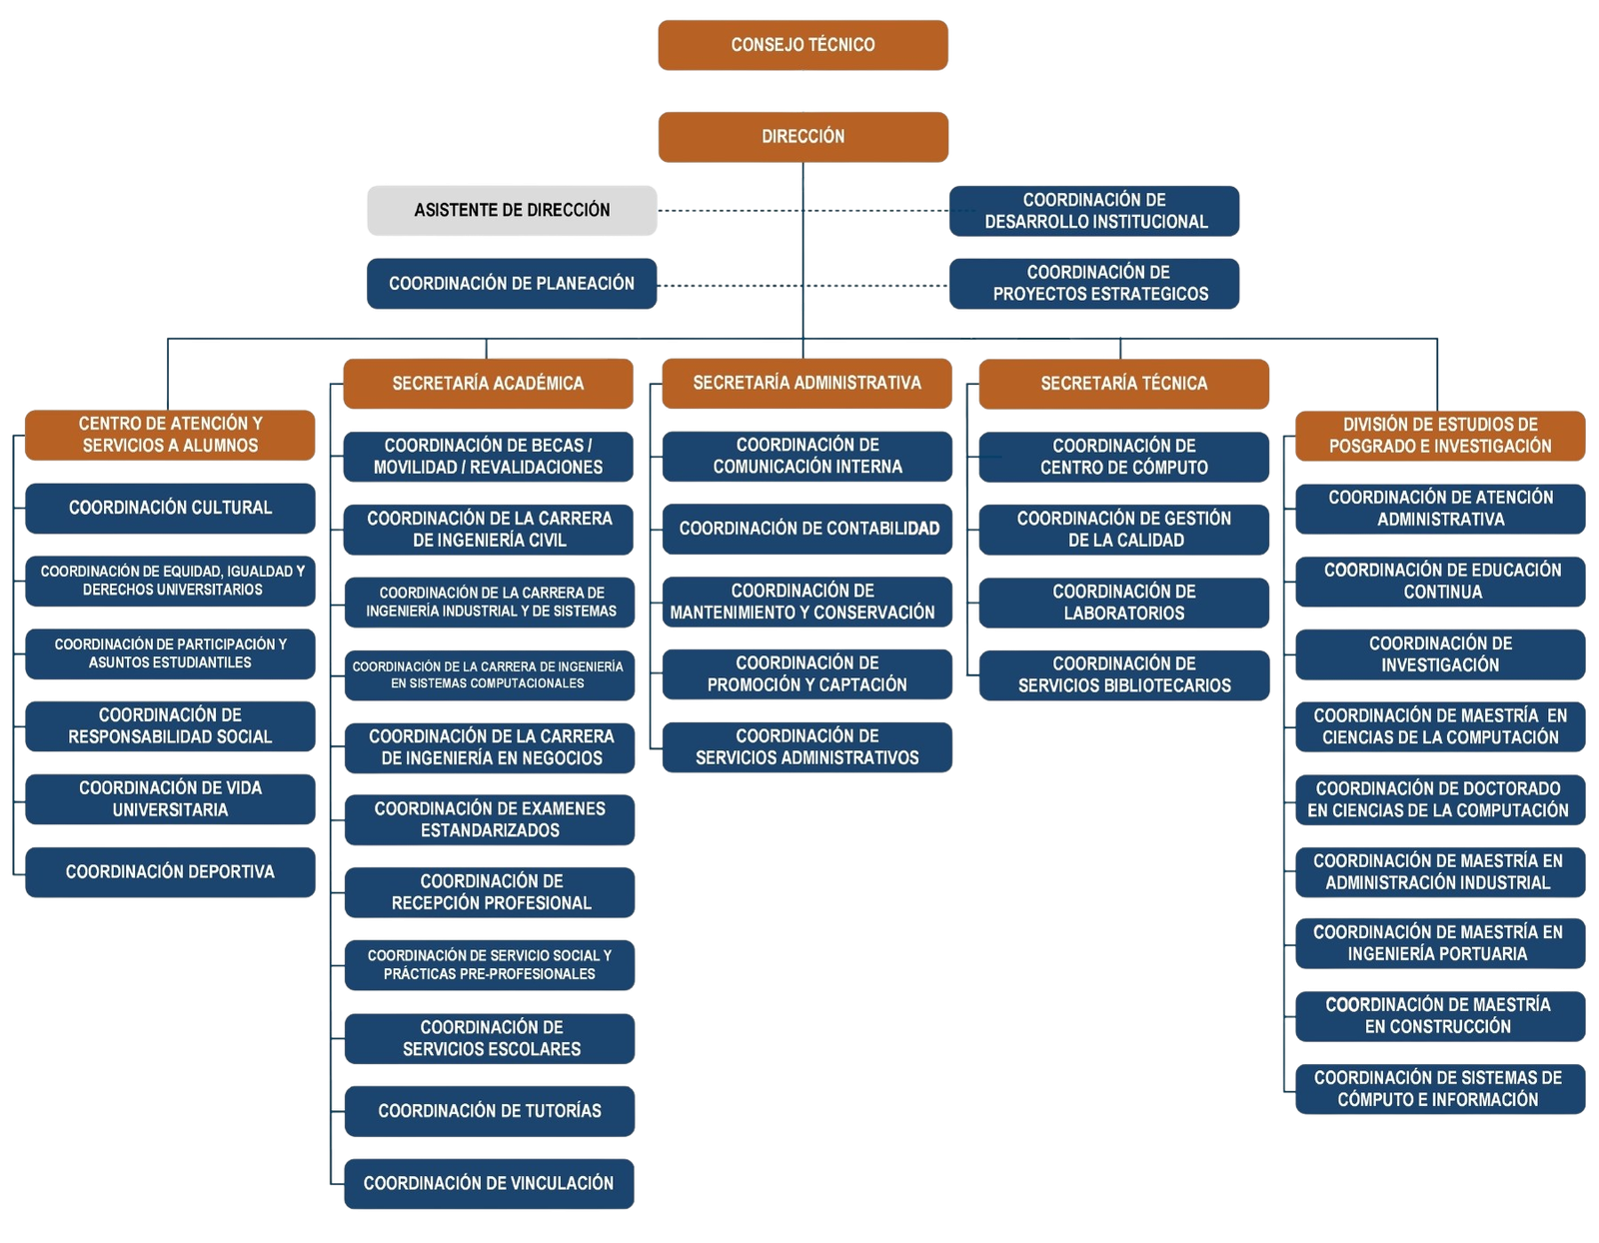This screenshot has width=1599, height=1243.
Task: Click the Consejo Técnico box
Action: click(802, 45)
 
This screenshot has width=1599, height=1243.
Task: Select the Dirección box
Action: click(802, 137)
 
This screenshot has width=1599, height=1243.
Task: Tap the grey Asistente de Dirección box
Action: click(512, 211)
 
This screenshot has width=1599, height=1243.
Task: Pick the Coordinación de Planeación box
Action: click(512, 284)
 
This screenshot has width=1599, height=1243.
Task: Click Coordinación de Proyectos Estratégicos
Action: click(1095, 284)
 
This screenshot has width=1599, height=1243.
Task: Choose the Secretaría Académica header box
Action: click(488, 384)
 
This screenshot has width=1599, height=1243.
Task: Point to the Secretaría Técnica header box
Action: click(1123, 384)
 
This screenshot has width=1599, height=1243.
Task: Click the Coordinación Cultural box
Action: click(170, 508)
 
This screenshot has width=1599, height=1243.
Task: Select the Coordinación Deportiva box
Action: click(170, 872)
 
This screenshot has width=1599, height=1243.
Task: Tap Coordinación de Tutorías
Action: click(490, 1111)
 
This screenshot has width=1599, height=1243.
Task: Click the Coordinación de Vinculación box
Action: click(490, 1183)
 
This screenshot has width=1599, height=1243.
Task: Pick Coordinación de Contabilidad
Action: click(807, 529)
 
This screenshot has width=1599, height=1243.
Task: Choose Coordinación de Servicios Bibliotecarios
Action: click(1123, 675)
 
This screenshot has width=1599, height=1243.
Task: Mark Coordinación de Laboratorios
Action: click(1123, 603)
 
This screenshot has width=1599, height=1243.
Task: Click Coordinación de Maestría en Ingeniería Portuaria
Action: click(1439, 943)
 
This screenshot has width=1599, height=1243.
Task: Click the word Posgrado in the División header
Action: click(1371, 447)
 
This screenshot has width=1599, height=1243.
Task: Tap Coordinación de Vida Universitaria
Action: click(170, 799)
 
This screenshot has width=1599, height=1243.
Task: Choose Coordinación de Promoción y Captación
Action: click(807, 674)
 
